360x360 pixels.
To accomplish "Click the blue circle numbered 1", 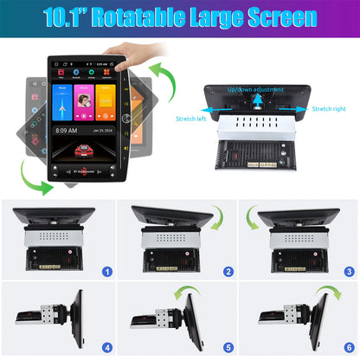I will point(107,271).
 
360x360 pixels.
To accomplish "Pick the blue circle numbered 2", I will point(227,271).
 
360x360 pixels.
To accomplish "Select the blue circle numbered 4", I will point(107,347).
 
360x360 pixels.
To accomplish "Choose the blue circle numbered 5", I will point(227,347).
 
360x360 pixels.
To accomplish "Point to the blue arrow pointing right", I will point(305,108).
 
